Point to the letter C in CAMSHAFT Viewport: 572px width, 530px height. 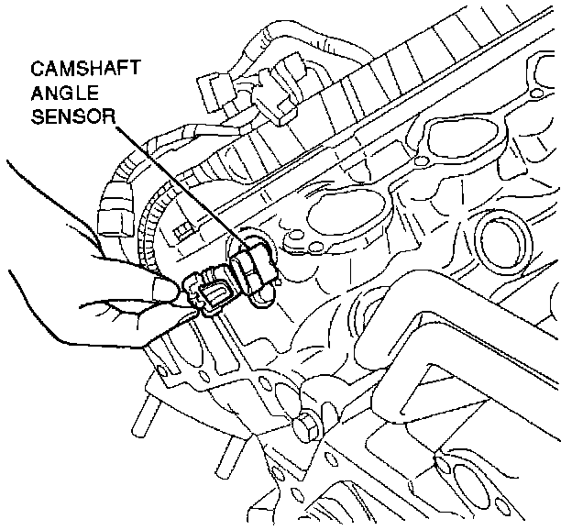37,69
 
